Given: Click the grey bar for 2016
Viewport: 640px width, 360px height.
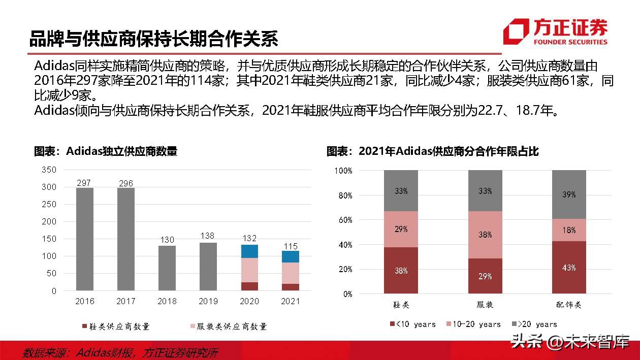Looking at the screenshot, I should click(85, 239).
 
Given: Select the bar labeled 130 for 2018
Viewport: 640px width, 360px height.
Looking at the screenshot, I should click(167, 268).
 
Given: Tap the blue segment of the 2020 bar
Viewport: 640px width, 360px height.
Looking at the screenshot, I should click(249, 251).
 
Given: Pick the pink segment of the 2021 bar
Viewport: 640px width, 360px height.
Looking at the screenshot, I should click(290, 273).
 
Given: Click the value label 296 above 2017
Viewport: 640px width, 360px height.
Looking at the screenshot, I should click(125, 183).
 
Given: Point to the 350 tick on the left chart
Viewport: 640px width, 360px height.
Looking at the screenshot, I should click(49, 170).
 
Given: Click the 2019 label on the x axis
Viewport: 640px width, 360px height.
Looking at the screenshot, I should click(208, 301).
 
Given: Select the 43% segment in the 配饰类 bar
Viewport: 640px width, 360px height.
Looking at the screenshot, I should click(569, 267).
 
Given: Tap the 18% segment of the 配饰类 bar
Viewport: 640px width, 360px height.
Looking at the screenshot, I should click(569, 230).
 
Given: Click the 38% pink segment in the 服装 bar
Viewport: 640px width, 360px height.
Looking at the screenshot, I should click(485, 235).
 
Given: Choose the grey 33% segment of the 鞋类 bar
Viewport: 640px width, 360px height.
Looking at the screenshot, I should click(401, 191).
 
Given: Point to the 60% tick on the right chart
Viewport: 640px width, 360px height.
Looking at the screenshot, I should click(344, 220).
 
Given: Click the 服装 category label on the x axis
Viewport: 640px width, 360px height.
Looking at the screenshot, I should click(485, 305).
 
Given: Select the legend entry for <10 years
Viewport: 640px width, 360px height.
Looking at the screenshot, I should click(412, 324).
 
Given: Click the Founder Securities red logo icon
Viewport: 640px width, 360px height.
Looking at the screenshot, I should click(516, 31).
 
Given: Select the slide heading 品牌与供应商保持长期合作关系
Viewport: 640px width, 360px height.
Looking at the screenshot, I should click(153, 39).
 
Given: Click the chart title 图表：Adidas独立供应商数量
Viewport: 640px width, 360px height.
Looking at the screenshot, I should click(106, 151).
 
